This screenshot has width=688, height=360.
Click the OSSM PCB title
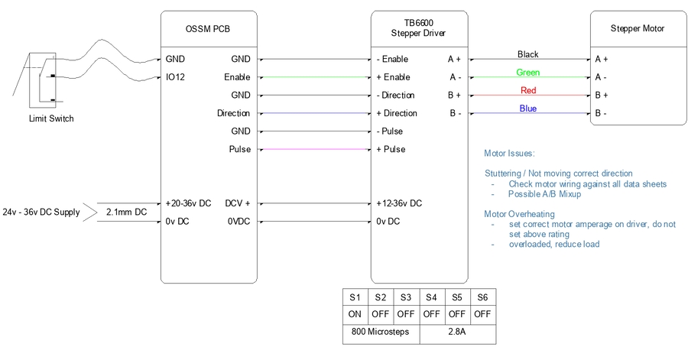pyautogui.click(x=208, y=29)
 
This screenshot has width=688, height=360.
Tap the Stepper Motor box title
pyautogui.click(x=637, y=29)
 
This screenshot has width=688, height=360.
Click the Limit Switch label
pyautogui.click(x=50, y=118)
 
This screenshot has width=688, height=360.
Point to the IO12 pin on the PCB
pyautogui.click(x=174, y=77)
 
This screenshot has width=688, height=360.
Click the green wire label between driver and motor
pyautogui.click(x=528, y=73)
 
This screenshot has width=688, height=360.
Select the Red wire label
pyautogui.click(x=528, y=90)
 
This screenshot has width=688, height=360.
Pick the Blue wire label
pyautogui.click(x=528, y=109)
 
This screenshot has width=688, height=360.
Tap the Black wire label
pyautogui.click(x=528, y=54)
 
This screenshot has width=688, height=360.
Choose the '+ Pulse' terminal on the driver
pyautogui.click(x=391, y=150)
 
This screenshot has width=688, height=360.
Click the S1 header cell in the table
pyautogui.click(x=355, y=297)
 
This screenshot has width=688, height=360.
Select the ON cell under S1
pyautogui.click(x=355, y=313)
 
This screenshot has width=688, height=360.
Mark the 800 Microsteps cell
pyautogui.click(x=380, y=332)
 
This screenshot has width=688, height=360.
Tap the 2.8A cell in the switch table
pyautogui.click(x=456, y=332)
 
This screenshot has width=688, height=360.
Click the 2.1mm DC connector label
pyautogui.click(x=126, y=212)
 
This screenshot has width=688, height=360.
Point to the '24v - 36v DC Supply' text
pyautogui.click(x=41, y=212)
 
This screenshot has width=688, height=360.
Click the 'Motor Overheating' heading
pyautogui.click(x=520, y=214)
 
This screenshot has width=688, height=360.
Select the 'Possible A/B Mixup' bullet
pyautogui.click(x=545, y=194)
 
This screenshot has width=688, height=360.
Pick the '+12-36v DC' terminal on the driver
pyautogui.click(x=399, y=203)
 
